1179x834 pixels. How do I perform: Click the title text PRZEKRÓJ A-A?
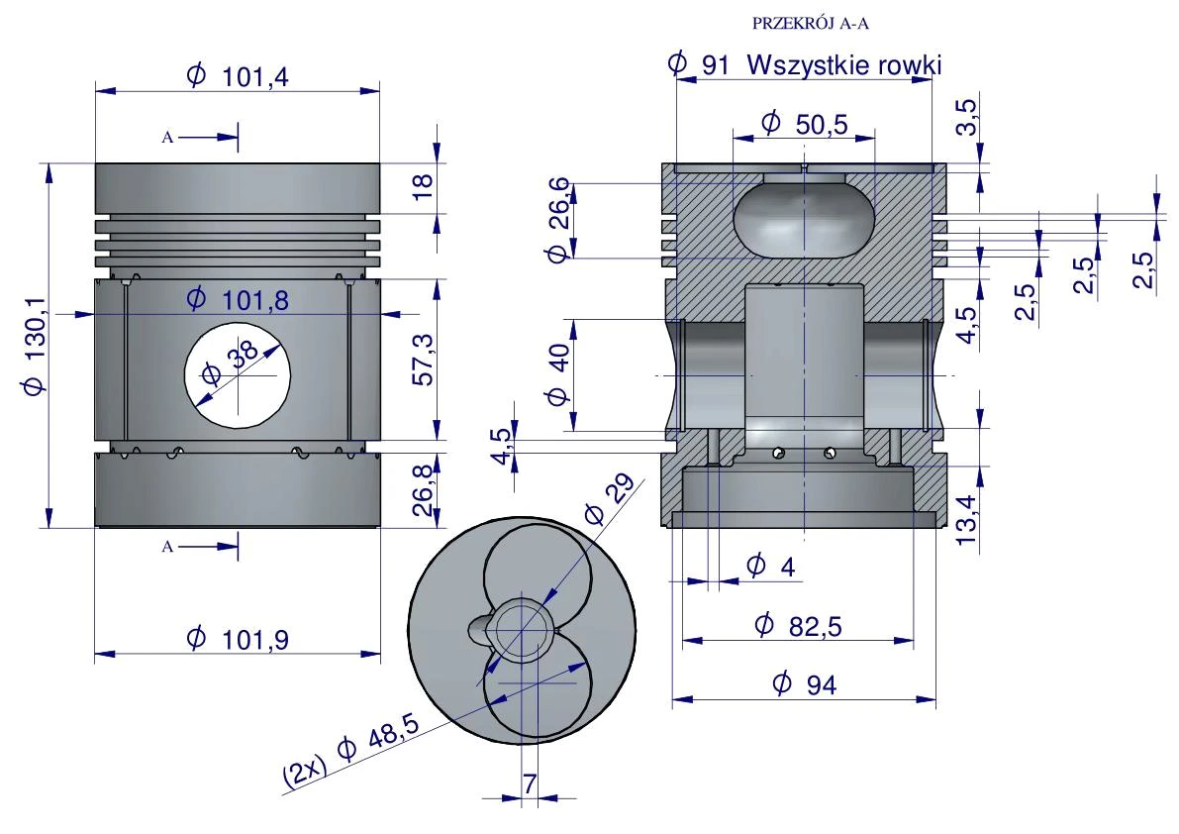pyautogui.click(x=811, y=24)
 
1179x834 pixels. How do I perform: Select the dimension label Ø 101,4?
pyautogui.click(x=238, y=76)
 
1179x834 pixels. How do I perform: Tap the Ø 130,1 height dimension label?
pyautogui.click(x=35, y=345)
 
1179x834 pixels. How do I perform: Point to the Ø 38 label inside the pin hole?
pyautogui.click(x=231, y=363)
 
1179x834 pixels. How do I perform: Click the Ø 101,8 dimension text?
pyautogui.click(x=238, y=299)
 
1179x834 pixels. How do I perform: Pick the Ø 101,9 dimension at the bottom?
pyautogui.click(x=238, y=639)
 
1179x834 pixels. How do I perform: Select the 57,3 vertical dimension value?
pyautogui.click(x=424, y=360)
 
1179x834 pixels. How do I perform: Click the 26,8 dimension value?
pyautogui.click(x=424, y=489)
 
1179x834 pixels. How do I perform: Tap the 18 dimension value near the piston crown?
pyautogui.click(x=424, y=185)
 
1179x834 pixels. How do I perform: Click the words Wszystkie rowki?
pyautogui.click(x=844, y=64)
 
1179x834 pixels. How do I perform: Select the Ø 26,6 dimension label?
pyautogui.click(x=558, y=220)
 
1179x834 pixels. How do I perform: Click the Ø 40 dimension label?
pyautogui.click(x=558, y=373)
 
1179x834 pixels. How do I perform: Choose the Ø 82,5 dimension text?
pyautogui.click(x=798, y=625)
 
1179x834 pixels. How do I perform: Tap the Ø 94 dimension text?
pyautogui.click(x=804, y=683)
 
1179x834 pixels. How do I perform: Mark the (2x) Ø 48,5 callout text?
pyautogui.click(x=350, y=752)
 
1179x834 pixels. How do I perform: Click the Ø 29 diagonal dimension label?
pyautogui.click(x=610, y=498)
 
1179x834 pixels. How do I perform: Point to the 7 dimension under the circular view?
pyautogui.click(x=530, y=783)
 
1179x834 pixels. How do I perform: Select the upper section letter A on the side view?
pyautogui.click(x=167, y=138)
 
